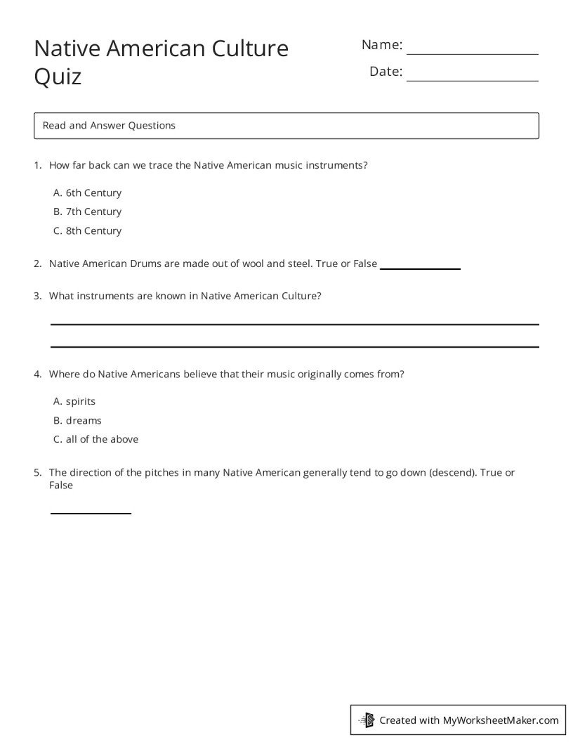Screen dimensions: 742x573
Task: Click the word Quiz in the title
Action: (x=58, y=77)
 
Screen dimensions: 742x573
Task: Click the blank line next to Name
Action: (x=472, y=53)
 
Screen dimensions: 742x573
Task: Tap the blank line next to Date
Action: (x=472, y=80)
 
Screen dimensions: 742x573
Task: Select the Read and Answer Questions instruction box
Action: (x=286, y=126)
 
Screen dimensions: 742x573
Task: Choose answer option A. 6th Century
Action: (x=87, y=193)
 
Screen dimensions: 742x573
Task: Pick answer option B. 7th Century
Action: (x=87, y=211)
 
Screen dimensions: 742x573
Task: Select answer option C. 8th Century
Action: (x=87, y=230)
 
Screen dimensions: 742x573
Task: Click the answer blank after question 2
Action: (x=419, y=268)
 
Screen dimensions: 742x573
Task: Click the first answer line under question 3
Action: (x=294, y=324)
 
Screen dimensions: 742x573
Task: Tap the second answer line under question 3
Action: (x=294, y=346)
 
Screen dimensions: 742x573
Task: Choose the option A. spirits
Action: (x=74, y=401)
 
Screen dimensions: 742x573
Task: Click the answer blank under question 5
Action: (x=91, y=513)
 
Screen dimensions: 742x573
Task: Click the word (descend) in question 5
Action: (x=452, y=472)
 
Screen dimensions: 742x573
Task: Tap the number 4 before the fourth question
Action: (x=37, y=375)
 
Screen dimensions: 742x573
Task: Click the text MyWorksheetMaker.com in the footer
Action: (x=500, y=720)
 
